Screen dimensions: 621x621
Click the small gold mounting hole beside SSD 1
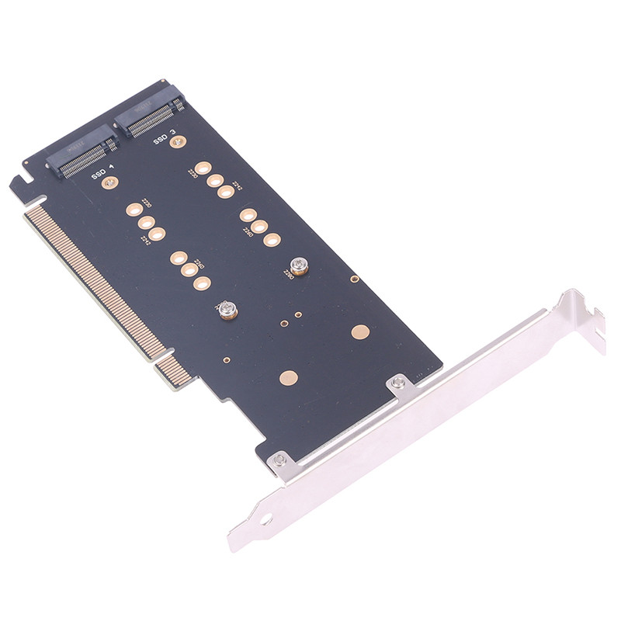tap(110, 182)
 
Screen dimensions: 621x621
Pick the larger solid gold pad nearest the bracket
tap(359, 332)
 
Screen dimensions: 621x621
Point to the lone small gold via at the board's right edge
tap(354, 279)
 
